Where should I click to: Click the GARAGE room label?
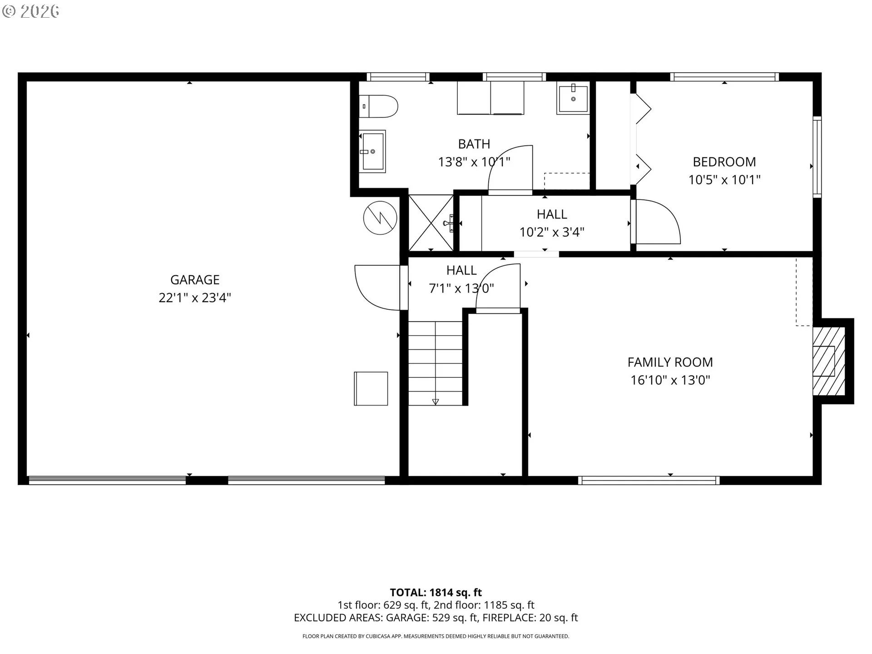pos(195,280)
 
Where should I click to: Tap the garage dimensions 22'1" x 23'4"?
pos(195,298)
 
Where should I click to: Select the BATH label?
pos(474,144)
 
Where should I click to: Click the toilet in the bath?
pos(379,106)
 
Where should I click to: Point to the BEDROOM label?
pos(724,162)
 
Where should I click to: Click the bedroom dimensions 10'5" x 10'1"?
pos(724,180)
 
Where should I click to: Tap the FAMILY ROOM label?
pos(670,362)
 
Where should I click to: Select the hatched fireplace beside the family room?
pos(829,361)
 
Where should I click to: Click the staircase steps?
pos(436,363)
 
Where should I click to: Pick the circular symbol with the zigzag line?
pos(380,218)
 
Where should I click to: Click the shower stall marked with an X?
pos(431,223)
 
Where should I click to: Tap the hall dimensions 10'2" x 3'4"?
pos(552,232)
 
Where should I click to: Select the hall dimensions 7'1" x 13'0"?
pos(461,288)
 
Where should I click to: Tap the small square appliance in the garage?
pos(371,388)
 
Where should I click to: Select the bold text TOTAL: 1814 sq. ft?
pos(436,592)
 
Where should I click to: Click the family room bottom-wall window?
pos(649,481)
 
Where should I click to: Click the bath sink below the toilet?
pos(373,151)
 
